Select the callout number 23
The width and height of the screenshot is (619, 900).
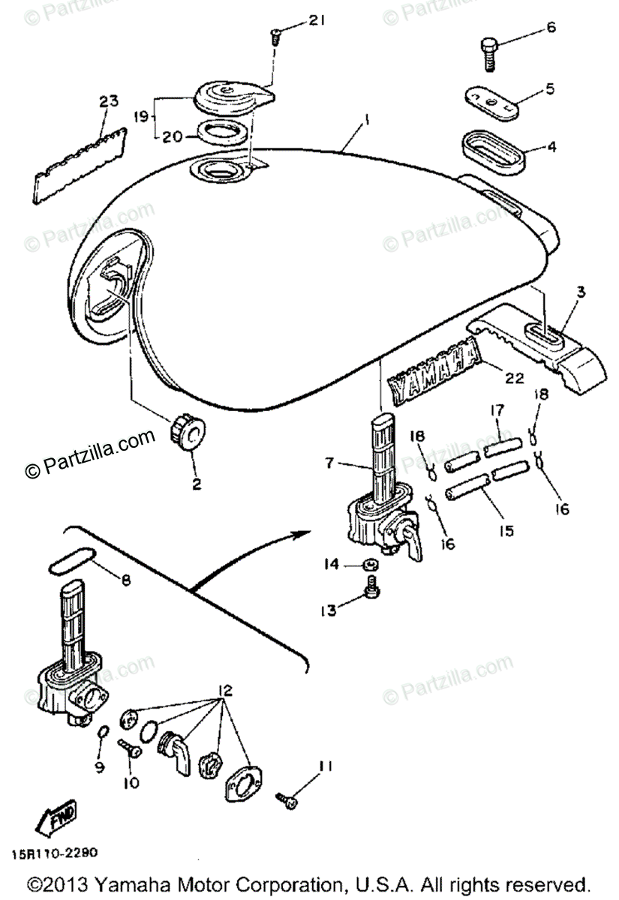click(x=109, y=101)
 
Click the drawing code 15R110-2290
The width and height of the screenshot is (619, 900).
click(x=53, y=853)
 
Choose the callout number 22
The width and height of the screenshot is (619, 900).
click(x=515, y=379)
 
